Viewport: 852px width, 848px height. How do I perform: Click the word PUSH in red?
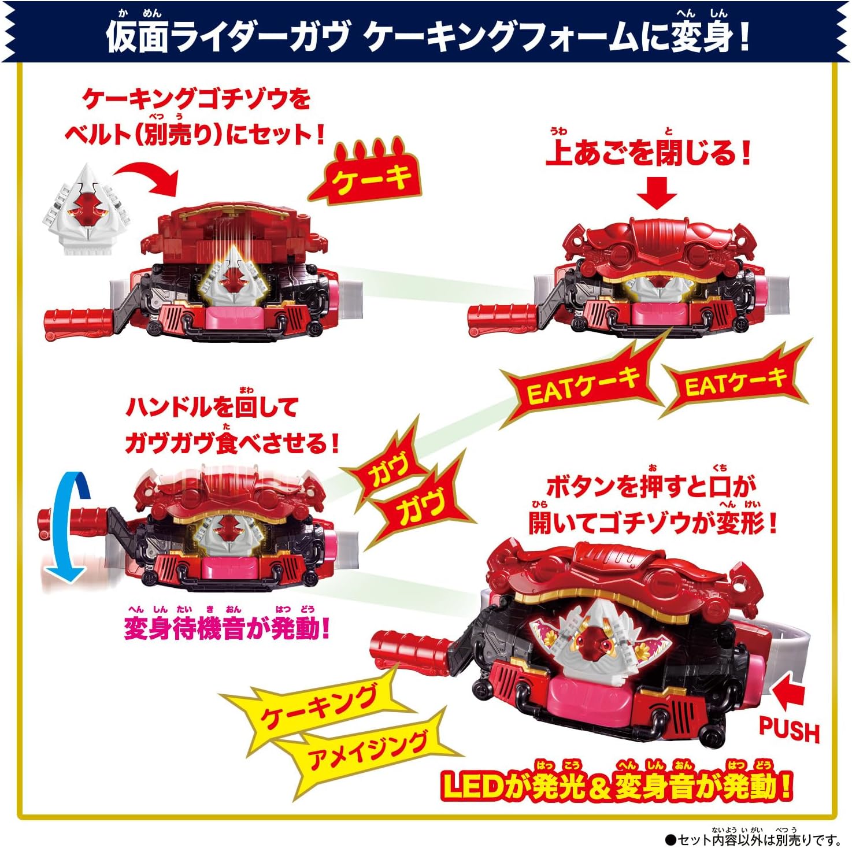click(789, 730)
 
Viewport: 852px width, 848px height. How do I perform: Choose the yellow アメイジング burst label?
click(368, 749)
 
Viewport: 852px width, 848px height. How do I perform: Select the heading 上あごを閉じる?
click(648, 153)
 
